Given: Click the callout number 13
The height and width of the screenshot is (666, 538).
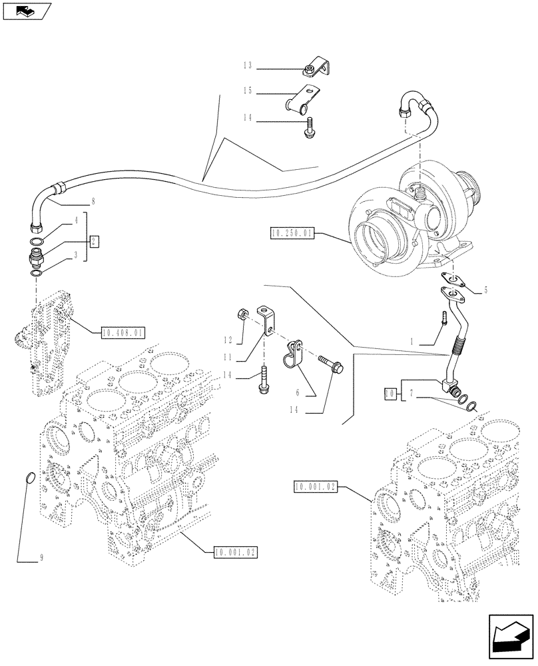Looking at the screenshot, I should click(x=247, y=66).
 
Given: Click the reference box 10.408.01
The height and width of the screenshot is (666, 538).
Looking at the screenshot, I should click(x=123, y=331).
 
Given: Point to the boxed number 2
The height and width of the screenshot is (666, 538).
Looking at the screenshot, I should click(x=95, y=241).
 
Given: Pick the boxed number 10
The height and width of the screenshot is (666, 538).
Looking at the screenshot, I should click(x=392, y=394).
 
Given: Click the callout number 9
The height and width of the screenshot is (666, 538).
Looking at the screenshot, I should click(x=41, y=559).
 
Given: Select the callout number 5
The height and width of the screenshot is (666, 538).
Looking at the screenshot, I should click(x=485, y=290).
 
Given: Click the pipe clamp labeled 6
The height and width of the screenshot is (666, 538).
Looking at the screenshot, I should click(x=294, y=353).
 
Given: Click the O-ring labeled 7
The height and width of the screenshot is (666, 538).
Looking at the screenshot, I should click(x=471, y=406).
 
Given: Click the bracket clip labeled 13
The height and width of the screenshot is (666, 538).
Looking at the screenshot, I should click(x=318, y=67).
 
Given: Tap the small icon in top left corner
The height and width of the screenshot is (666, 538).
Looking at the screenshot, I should click(x=26, y=11).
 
